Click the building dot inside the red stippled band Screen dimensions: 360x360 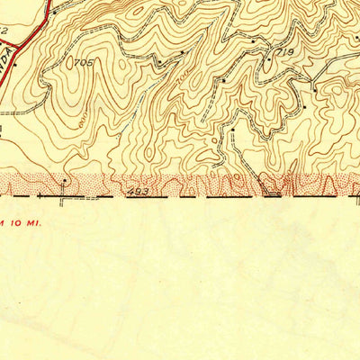[65, 180]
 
